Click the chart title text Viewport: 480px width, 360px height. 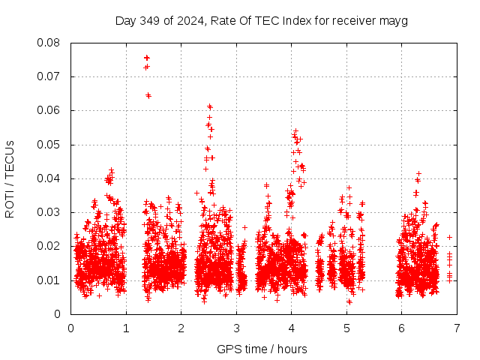pos(261,20)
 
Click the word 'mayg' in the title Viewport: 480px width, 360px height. pos(393,21)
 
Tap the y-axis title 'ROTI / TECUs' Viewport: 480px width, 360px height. pos(10,178)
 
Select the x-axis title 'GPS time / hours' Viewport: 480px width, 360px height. pos(262,349)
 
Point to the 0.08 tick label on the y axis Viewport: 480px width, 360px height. pos(49,43)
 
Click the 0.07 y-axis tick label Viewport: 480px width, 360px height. pos(49,76)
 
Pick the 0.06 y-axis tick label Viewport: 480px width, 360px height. pos(49,110)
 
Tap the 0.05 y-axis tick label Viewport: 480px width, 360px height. pos(49,144)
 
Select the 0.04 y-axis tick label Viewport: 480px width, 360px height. pos(49,178)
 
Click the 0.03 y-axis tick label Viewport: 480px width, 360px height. pos(49,212)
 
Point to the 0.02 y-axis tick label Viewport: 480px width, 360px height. pos(49,246)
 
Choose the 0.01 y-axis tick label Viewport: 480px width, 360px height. pos(49,280)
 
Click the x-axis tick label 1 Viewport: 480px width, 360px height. pos(126,327)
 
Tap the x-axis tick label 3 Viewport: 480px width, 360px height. pos(236,327)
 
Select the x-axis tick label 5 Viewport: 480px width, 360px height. pos(346,327)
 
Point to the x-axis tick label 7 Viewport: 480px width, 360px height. pos(457,327)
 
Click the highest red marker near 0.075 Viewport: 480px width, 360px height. pos(147,58)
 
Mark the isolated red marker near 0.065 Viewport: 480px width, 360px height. pos(148,95)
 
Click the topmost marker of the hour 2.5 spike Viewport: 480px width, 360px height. pos(210,106)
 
